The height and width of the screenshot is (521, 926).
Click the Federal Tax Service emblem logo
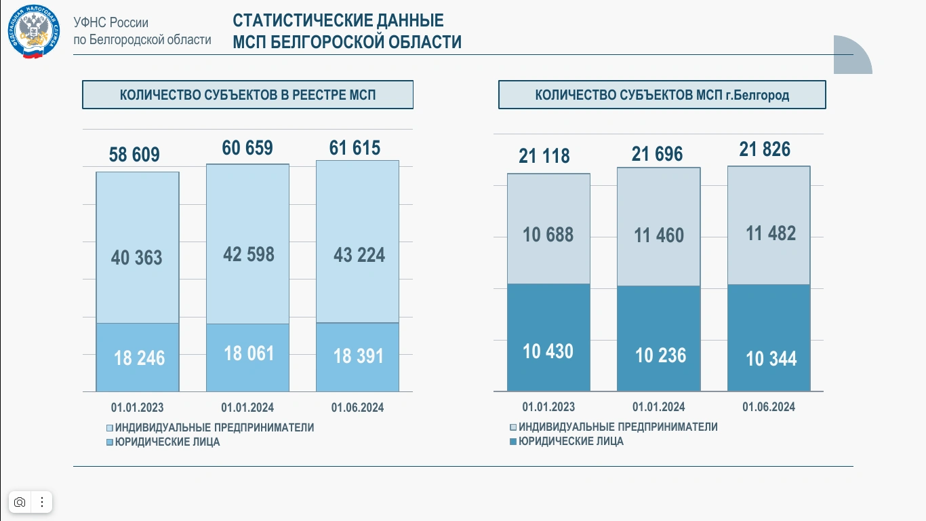point(34,32)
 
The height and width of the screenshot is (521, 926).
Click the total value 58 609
point(134,155)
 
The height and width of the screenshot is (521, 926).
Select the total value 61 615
point(355,148)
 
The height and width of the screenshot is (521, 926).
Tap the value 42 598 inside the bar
point(249,254)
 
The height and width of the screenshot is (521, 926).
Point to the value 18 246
point(139,358)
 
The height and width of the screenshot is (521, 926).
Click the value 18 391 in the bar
point(358,355)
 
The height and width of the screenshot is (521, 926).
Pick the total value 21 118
point(544,156)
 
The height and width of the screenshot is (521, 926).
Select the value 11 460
point(659,235)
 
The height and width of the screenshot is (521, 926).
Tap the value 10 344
point(771,358)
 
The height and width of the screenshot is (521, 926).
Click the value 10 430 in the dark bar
point(548,351)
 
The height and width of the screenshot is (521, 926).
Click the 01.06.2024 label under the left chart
point(357,408)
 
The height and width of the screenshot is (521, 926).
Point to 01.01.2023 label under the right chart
point(548,407)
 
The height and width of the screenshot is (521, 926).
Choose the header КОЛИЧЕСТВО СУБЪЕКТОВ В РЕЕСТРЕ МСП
point(247,95)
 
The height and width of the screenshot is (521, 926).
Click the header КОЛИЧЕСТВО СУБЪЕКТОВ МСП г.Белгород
point(662,95)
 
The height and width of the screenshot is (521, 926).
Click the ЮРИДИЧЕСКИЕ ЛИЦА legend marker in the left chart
point(110,442)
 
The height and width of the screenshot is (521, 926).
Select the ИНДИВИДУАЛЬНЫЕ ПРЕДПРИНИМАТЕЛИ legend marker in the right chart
point(513,427)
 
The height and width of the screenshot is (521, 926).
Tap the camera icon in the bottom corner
point(20,502)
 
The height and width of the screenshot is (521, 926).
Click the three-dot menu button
point(42,502)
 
